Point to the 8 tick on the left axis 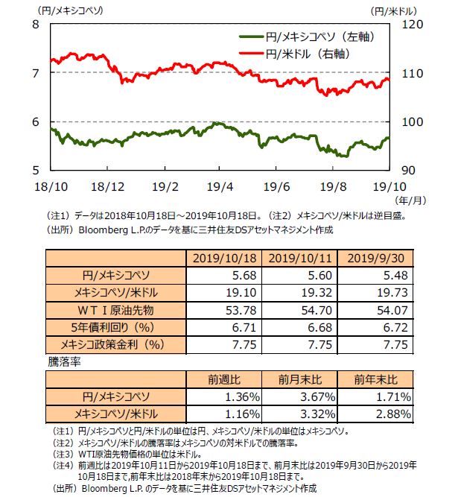[x=36, y=24]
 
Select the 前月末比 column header [x=298, y=379]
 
